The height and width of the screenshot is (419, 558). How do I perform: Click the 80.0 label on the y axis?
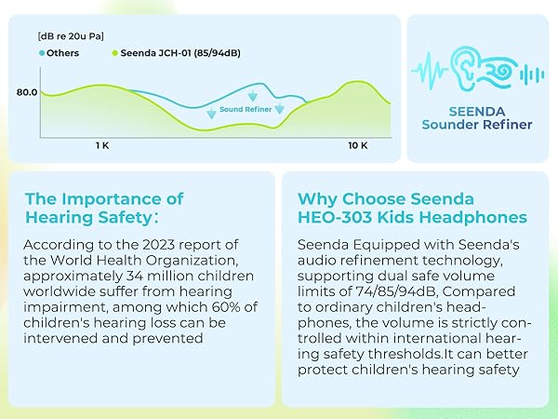point(27,92)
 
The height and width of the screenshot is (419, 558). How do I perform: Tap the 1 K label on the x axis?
point(102,145)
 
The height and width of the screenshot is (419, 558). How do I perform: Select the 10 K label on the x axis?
point(358,145)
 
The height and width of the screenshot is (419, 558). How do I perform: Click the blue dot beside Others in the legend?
point(42,53)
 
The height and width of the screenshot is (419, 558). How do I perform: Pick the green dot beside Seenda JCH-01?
point(115,53)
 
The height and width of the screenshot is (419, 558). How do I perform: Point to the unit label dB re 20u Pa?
point(71,36)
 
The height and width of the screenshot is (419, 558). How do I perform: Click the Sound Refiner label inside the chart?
point(246,109)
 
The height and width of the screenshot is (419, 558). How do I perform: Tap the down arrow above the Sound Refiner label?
point(253,96)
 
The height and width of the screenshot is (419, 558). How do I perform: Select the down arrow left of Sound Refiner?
point(211,114)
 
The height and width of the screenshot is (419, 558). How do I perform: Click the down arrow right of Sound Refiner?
point(279,108)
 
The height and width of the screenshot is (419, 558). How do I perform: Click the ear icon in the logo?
point(462,68)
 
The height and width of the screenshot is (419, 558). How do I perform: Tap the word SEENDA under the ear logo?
point(477,112)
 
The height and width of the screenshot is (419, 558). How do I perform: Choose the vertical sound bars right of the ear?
point(532,74)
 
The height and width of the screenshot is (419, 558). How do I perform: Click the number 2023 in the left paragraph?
point(159,245)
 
